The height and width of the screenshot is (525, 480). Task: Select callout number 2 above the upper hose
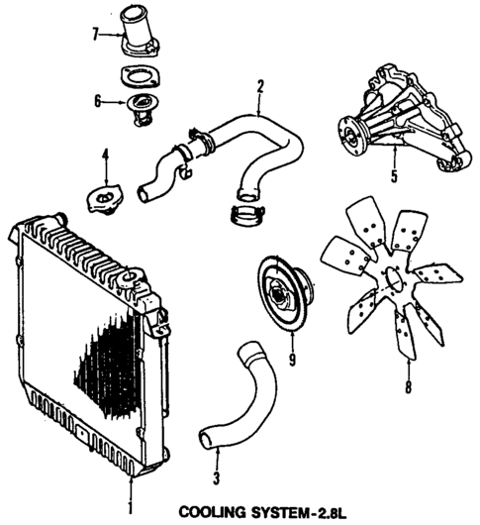click(259, 86)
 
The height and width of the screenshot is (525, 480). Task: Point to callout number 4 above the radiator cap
click(104, 154)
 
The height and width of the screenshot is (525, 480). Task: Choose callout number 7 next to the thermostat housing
click(96, 36)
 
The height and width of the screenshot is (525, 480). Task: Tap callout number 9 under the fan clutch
click(291, 358)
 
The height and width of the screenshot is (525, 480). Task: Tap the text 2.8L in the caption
click(327, 512)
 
